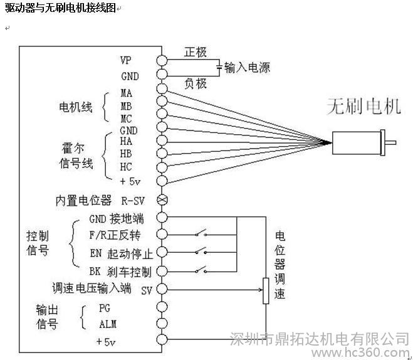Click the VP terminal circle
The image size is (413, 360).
162,61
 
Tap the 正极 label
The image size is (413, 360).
195,53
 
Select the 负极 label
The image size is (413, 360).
195,83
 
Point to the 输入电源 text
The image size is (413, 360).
247,68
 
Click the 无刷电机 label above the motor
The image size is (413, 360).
363,107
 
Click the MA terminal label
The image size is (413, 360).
127,93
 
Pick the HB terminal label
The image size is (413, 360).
126,154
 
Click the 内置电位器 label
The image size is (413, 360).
83,201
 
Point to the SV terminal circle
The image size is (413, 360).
162,290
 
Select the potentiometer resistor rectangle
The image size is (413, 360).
264,290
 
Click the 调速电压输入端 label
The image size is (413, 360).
91,289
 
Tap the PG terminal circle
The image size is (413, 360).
162,307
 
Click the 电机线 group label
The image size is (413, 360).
75,107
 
